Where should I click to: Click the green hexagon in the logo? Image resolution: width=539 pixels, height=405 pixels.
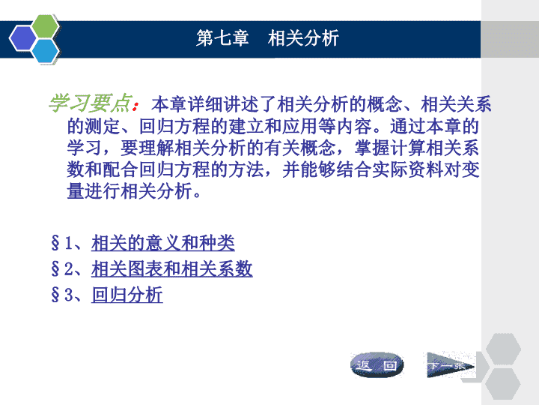tap(46, 25)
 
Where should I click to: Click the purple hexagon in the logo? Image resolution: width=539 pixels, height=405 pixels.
tap(22, 38)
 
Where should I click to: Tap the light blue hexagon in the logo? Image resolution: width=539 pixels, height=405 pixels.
tap(46, 51)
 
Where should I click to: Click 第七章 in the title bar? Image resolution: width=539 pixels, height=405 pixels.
tap(222, 38)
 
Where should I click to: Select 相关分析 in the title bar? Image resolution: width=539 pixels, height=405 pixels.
tap(303, 38)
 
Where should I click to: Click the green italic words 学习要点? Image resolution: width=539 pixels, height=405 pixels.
tap(90, 103)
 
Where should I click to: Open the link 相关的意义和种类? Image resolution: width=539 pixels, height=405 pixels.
tap(163, 243)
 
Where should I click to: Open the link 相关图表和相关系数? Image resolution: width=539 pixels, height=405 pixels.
tap(172, 268)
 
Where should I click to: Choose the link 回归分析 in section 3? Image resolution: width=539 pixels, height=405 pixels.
tap(127, 295)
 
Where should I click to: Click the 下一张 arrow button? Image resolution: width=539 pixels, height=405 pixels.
tap(451, 364)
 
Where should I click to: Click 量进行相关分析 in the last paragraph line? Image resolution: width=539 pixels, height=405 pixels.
tap(130, 191)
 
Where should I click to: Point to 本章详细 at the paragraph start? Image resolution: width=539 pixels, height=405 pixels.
tap(187, 104)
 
